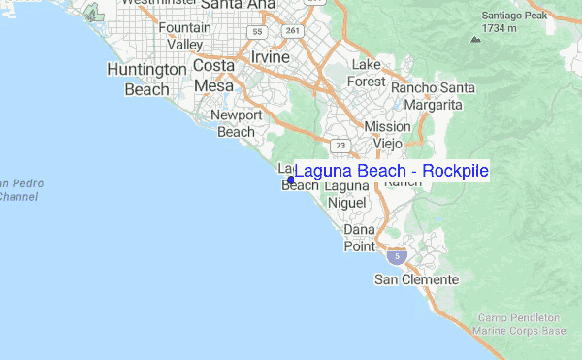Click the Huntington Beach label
[x=146, y=80]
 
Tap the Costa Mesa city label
[x=213, y=75]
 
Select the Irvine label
[x=271, y=57]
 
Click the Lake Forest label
[x=367, y=73]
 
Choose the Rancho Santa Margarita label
[x=434, y=97]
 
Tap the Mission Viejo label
[x=387, y=135]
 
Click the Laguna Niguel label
[x=346, y=194]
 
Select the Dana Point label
[x=359, y=239]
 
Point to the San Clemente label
[x=416, y=279]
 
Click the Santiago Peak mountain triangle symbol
[x=474, y=40]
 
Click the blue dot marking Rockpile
[x=291, y=180]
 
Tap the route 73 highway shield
[x=339, y=146]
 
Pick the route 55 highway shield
[x=256, y=32]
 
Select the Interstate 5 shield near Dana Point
[x=396, y=256]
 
